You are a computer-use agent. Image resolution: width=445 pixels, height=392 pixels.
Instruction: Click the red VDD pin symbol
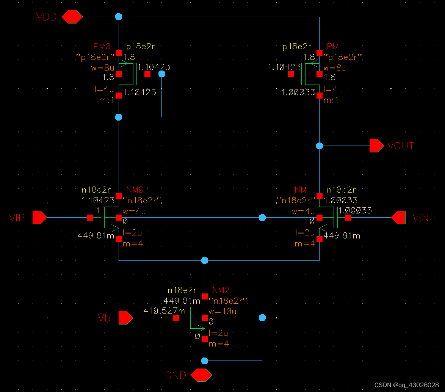click(x=72, y=17)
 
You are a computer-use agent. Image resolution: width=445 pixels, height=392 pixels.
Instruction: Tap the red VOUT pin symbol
click(x=376, y=146)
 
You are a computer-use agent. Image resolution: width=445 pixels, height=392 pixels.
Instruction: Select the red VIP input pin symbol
click(x=39, y=218)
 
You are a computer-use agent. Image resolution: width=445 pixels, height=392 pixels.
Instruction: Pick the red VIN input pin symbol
click(x=398, y=218)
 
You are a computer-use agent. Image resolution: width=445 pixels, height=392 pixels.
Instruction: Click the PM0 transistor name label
click(x=102, y=47)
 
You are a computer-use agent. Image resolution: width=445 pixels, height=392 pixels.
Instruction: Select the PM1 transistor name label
click(x=335, y=47)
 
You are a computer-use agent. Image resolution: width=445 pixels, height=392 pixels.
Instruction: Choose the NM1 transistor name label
click(x=303, y=190)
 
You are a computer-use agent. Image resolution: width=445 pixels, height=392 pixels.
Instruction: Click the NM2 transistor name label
click(x=221, y=290)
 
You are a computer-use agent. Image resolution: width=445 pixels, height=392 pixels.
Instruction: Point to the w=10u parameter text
click(x=222, y=312)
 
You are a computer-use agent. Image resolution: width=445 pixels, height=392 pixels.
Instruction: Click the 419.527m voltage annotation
click(x=165, y=311)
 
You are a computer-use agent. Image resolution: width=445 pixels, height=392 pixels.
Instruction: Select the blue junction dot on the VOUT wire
click(x=320, y=146)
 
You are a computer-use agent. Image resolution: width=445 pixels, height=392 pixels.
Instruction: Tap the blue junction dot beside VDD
click(x=119, y=17)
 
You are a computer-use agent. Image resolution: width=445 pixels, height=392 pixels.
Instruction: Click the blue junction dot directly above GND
click(x=205, y=360)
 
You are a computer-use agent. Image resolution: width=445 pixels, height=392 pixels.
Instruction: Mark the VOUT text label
click(x=401, y=146)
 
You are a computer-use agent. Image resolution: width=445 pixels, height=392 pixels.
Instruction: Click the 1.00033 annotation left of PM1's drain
click(x=298, y=92)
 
